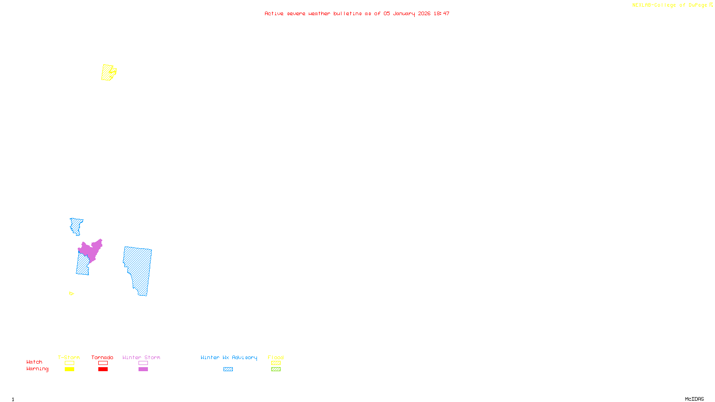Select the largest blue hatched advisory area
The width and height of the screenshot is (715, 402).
click(139, 268)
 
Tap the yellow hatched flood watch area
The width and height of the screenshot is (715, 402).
click(107, 72)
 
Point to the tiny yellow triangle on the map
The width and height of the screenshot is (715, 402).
click(71, 293)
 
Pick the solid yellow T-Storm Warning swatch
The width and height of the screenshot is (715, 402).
click(69, 369)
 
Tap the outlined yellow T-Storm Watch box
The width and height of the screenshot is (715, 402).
click(69, 363)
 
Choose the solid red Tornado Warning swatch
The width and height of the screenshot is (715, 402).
click(103, 369)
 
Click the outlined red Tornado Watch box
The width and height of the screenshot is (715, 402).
click(103, 363)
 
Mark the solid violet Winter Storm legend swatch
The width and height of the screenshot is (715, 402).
click(143, 369)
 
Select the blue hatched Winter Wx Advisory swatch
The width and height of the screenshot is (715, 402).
click(228, 369)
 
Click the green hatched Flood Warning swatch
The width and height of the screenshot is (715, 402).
click(276, 369)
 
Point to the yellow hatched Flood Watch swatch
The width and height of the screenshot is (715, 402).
click(276, 363)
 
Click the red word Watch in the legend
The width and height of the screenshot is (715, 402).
click(34, 362)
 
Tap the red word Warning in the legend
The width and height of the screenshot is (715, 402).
click(37, 369)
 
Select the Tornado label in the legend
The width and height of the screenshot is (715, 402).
click(102, 357)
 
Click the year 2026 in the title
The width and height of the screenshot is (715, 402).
click(424, 13)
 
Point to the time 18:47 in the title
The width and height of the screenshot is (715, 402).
click(442, 13)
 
